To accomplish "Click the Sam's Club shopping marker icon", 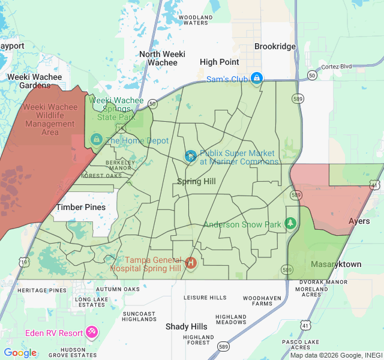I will click(x=257, y=78).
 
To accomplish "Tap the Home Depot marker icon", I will click(x=95, y=140).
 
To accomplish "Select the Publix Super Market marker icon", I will click(x=190, y=157).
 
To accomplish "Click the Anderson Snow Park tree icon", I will click(x=291, y=223).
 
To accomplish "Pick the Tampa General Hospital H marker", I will click(x=191, y=263).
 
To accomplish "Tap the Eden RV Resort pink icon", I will click(x=92, y=332).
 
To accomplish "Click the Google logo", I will click(x=20, y=353).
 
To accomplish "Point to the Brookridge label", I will click(x=275, y=46).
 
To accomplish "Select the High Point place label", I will click(x=220, y=62).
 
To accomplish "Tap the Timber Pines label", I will click(x=80, y=207).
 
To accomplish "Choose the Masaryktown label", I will click(x=336, y=264).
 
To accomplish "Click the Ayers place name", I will click(x=359, y=221).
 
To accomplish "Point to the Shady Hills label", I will click(x=187, y=326).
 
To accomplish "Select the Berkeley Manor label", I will click(x=118, y=165).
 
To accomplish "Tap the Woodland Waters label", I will click(x=196, y=20).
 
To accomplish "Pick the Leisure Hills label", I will click(x=205, y=298).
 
